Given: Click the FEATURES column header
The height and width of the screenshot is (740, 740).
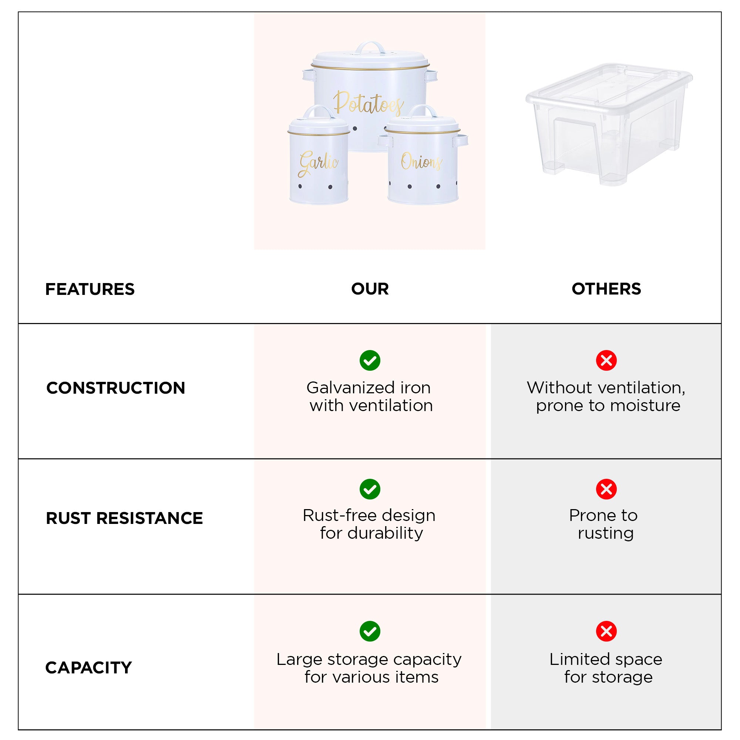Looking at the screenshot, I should pos(90,289).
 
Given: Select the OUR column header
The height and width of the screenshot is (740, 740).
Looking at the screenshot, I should pos(370,289).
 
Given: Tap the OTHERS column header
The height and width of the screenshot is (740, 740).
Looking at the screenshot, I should pos(606,289).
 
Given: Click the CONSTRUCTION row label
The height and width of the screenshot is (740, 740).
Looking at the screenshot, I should pos(115,388).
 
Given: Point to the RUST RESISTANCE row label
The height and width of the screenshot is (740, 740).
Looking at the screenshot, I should pos(124,518).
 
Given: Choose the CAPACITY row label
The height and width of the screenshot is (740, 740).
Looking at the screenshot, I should pos(88,667).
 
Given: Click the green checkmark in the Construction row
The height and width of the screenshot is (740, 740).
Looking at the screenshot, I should pos(370,360).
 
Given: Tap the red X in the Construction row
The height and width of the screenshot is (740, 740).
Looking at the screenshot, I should pos(606,360).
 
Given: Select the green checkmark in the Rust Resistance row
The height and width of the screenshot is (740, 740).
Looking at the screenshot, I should pos(370,489).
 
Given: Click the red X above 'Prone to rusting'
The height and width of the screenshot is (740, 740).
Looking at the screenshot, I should pos(606,489).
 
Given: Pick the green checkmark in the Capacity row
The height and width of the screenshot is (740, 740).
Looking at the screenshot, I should pos(370,631).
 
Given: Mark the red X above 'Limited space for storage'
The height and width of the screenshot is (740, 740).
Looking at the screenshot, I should pos(606,631).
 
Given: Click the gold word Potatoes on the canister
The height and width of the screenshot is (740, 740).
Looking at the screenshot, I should pos(369,102).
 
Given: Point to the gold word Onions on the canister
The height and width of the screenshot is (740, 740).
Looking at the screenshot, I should pos(421,162).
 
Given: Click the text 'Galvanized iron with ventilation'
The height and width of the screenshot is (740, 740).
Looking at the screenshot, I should pos(370,396).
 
